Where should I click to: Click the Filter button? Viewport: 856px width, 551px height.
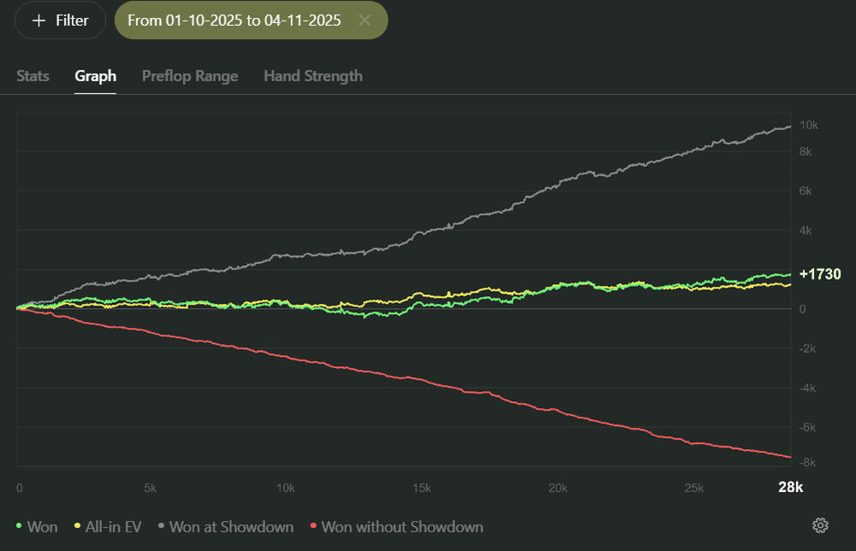pos(60,21)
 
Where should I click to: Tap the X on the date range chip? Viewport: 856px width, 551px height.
pos(365,21)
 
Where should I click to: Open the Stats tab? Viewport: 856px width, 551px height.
pos(33,75)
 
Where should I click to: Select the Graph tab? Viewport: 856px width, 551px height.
pos(95,75)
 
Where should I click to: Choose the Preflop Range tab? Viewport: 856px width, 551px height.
pos(190,75)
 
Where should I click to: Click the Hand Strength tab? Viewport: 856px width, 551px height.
pos(312,75)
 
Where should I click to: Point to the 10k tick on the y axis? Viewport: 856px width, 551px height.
pos(808,125)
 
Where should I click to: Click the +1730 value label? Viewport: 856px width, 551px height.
pos(819,274)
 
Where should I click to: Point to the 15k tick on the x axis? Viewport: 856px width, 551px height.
pos(421,488)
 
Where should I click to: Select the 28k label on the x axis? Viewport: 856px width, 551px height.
pos(790,488)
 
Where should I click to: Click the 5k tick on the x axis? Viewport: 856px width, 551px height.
pos(150,488)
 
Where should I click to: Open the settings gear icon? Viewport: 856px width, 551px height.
pos(819,525)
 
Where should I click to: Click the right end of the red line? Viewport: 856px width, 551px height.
pos(789,456)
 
